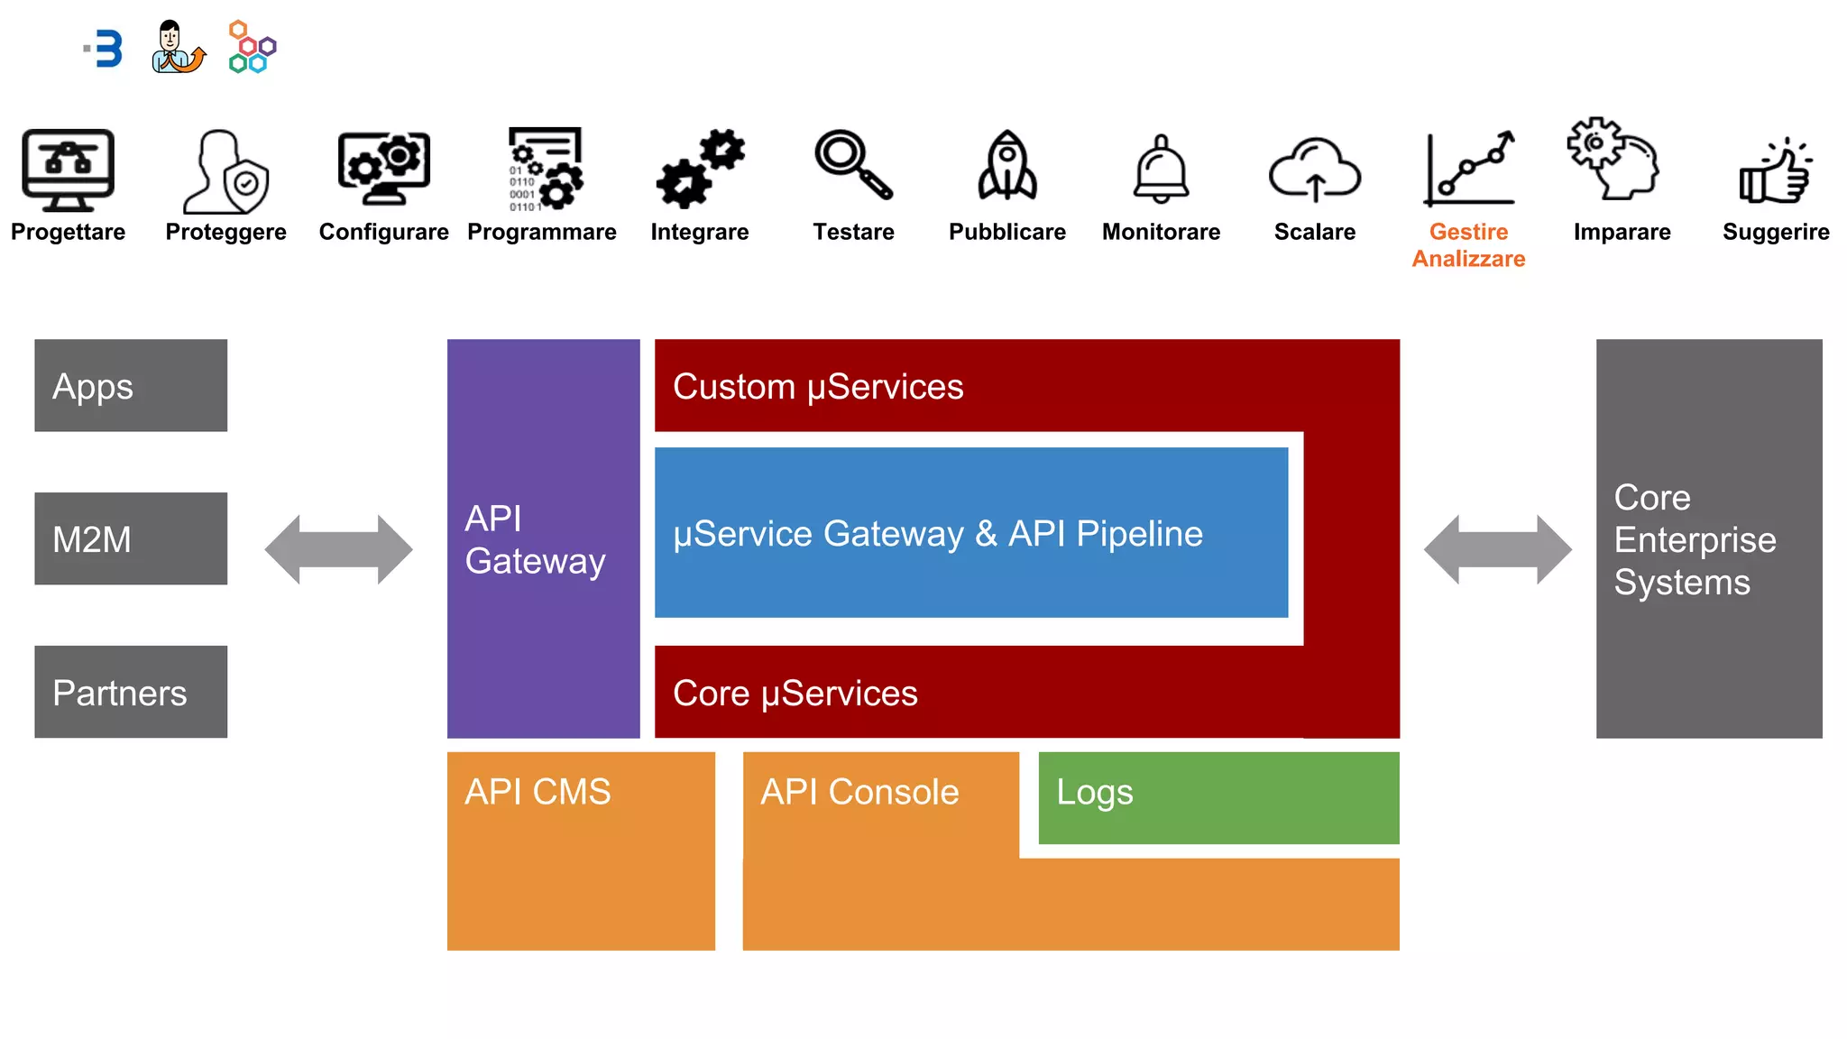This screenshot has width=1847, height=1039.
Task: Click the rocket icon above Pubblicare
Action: [1007, 167]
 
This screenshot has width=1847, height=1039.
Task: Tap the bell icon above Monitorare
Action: [1161, 170]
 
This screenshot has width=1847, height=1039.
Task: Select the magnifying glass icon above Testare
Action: [852, 164]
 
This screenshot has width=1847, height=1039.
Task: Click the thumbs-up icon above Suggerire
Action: [1776, 171]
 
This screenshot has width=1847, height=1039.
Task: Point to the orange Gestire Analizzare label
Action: [1468, 245]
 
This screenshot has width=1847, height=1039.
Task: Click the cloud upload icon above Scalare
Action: [1314, 170]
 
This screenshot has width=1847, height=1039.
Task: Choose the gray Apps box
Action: [131, 386]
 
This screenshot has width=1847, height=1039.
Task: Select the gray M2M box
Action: [131, 538]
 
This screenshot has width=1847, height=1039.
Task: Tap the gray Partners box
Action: [131, 692]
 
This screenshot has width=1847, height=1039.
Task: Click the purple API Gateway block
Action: [543, 538]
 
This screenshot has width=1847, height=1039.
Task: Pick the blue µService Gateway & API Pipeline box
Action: [970, 533]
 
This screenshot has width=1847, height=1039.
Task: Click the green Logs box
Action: [1218, 798]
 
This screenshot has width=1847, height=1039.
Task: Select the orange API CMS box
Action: [581, 851]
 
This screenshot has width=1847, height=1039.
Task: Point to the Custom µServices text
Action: [818, 387]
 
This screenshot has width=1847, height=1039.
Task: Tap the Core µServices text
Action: [795, 694]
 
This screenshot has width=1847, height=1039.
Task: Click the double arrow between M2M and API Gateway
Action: [338, 549]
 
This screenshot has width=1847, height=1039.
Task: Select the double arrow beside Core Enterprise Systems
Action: [1497, 549]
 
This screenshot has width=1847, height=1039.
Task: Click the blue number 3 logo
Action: [106, 49]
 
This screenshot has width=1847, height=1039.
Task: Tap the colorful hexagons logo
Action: [252, 47]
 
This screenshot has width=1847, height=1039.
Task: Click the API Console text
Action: [859, 792]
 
